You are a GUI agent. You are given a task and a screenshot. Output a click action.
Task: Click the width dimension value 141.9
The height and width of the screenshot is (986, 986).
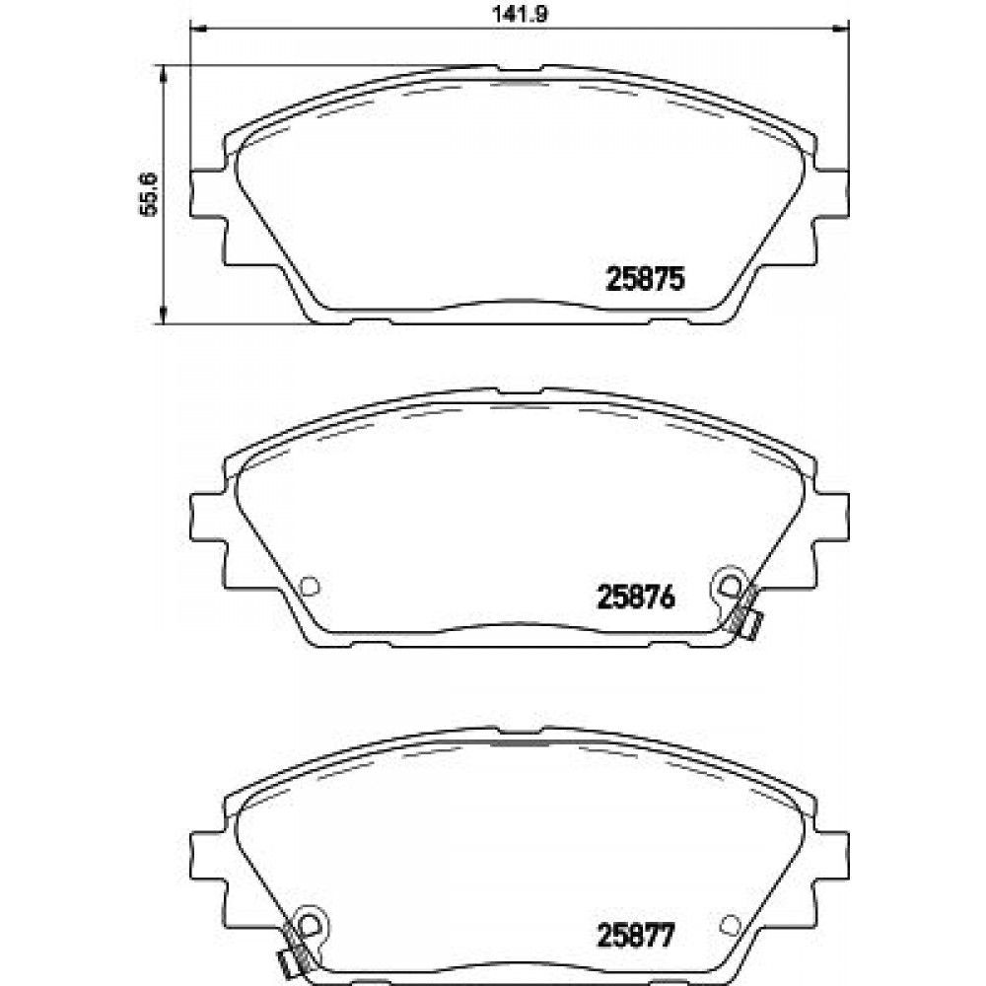point(520,13)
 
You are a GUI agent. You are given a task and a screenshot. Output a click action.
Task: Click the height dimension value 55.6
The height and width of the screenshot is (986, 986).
point(149,193)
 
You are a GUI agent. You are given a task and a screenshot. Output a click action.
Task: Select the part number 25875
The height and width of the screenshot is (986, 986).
point(645,279)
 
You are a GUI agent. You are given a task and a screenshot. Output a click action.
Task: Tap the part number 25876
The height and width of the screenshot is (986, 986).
point(636,597)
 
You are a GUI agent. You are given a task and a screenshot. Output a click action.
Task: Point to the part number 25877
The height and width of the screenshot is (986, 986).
point(636,935)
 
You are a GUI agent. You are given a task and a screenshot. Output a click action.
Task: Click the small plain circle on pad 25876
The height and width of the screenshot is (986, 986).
point(310,586)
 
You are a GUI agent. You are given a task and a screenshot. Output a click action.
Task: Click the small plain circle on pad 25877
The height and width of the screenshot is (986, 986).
point(730,925)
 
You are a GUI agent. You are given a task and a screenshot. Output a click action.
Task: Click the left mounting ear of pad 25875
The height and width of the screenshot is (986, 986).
point(206,193)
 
